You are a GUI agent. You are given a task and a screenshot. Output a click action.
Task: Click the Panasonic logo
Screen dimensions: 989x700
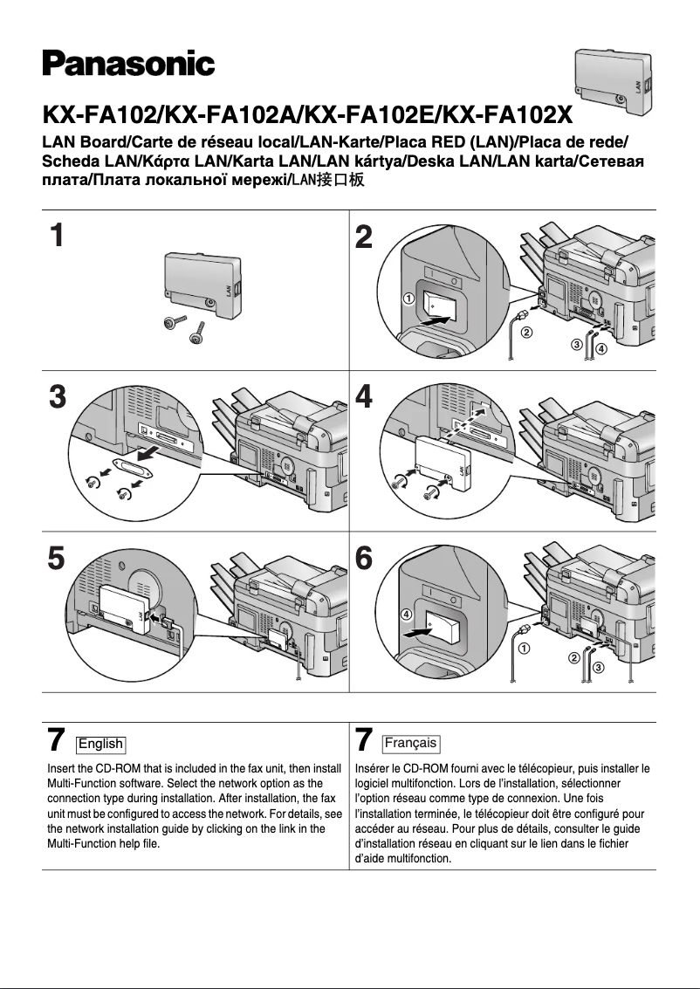click(x=128, y=64)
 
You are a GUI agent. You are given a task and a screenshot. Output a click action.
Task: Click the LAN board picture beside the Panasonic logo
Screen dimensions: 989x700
click(x=614, y=83)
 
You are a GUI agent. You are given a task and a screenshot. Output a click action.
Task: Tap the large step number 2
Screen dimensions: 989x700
click(x=365, y=236)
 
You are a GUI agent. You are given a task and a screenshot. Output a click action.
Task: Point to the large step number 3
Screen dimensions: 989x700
click(x=57, y=397)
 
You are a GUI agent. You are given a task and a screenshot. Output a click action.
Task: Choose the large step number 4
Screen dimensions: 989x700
click(x=365, y=397)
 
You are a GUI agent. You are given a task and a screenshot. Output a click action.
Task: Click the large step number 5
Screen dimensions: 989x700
click(x=57, y=558)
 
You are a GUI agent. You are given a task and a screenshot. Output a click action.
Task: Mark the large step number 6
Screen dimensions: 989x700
click(x=365, y=558)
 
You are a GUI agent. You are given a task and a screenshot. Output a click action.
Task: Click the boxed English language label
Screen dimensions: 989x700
click(x=100, y=744)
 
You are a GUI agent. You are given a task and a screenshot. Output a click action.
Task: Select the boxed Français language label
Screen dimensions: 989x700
click(x=410, y=744)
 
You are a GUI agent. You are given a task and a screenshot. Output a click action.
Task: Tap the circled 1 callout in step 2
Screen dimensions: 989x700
click(x=408, y=299)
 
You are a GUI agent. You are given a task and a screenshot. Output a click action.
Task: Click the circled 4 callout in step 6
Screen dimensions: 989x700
click(x=407, y=615)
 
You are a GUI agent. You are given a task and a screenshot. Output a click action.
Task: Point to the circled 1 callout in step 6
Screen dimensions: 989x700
click(x=524, y=649)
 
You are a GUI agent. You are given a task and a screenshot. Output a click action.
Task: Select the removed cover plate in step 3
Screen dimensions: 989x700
click(x=134, y=468)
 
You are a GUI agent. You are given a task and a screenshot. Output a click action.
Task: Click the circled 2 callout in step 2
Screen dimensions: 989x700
click(x=525, y=333)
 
